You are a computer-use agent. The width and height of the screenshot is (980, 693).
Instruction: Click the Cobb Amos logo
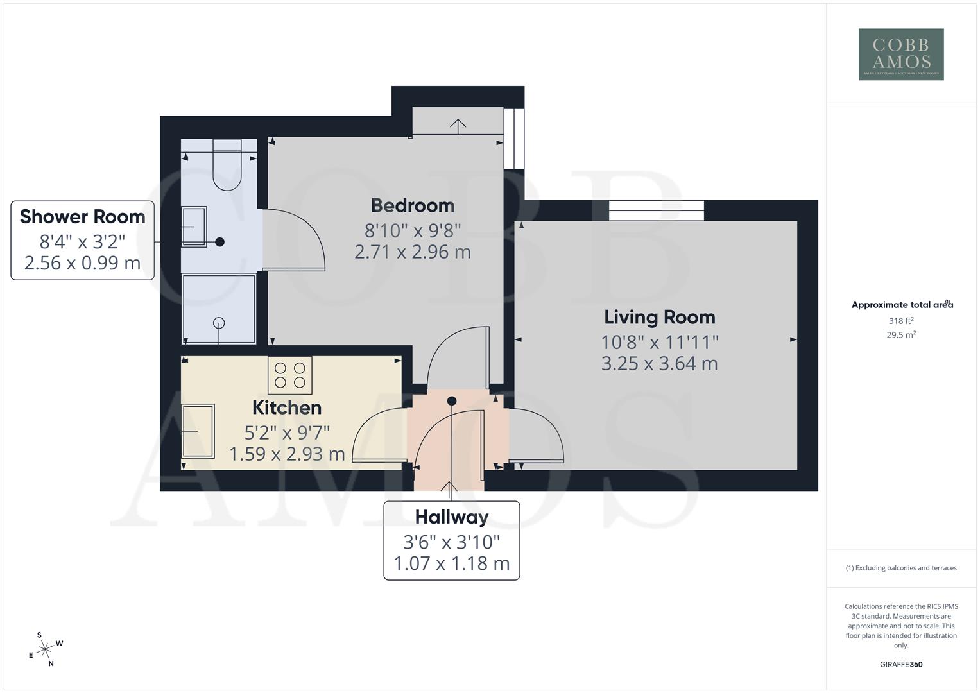coord(900,54)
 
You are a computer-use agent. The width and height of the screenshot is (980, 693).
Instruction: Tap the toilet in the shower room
coord(226,167)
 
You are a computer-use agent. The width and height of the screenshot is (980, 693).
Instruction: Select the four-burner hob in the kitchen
coord(290,375)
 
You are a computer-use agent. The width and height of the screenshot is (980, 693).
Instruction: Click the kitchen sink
coord(198,431)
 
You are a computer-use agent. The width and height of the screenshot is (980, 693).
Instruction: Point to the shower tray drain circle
coord(219,323)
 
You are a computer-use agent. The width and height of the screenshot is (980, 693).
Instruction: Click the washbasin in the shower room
coord(194,227)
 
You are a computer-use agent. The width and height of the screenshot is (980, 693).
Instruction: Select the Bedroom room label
coord(413,205)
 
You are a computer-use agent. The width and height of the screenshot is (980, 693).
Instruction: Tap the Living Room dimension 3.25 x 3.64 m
coord(659,363)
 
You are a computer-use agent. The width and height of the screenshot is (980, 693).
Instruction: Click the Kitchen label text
coord(286,407)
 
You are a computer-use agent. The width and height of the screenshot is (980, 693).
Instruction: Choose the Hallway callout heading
coord(451,517)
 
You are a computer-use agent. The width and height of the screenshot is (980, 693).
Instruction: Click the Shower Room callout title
coord(82,216)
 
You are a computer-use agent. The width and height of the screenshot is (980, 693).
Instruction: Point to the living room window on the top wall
coord(656,210)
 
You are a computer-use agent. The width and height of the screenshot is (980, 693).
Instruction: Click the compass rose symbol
coord(45,650)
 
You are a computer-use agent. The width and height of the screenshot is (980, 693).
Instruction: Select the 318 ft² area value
coord(900,321)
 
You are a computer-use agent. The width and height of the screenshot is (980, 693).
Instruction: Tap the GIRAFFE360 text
coord(900,664)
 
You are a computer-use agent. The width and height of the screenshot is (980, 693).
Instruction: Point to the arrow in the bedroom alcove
coord(458,126)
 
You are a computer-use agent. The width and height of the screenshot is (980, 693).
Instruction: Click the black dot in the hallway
coord(452,401)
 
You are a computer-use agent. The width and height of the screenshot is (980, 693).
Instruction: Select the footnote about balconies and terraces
coord(900,568)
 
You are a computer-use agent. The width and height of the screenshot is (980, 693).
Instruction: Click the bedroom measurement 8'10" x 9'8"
coord(413,229)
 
